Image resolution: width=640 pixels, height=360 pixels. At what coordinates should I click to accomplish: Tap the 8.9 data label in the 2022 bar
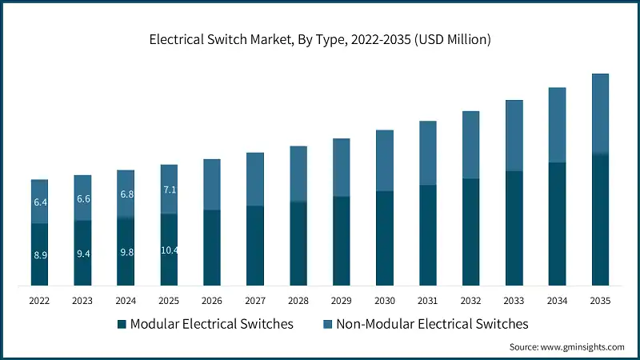tap(40, 254)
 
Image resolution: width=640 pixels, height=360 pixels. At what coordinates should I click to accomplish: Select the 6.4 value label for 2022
tap(40, 202)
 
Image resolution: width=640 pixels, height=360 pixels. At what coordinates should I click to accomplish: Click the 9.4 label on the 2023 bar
tap(83, 254)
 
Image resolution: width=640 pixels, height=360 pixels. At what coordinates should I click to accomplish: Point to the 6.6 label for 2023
tap(83, 198)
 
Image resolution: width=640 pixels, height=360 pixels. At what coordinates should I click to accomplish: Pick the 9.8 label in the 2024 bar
tap(126, 252)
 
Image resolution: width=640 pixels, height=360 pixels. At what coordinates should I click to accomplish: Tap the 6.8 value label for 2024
tap(126, 194)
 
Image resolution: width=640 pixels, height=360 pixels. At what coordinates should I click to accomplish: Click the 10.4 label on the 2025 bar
tap(170, 250)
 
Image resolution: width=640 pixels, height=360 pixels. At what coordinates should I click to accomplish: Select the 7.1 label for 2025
tap(170, 190)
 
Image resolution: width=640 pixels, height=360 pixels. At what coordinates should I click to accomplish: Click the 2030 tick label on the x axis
tap(385, 301)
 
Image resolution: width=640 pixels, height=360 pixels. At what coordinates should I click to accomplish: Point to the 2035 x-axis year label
tap(600, 301)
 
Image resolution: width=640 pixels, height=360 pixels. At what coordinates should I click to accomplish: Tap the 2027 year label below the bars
tap(255, 301)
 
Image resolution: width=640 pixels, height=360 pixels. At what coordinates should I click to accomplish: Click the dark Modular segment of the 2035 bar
tap(600, 220)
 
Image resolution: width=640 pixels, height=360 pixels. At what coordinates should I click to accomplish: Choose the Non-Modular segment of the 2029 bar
tap(342, 167)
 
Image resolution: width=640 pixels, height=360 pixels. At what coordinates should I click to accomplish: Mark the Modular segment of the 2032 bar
tap(471, 232)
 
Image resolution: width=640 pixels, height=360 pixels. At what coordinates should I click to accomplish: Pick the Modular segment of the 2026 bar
tap(212, 247)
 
